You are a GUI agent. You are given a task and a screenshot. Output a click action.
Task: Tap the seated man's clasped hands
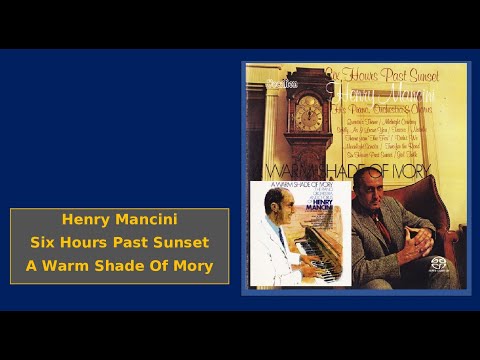pos(419,240)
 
